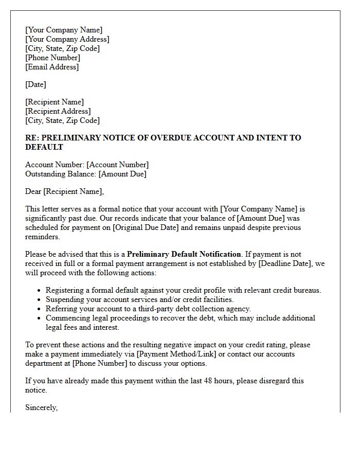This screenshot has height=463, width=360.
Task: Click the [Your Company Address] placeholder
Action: (67, 39)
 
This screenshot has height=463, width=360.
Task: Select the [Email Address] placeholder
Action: (52, 67)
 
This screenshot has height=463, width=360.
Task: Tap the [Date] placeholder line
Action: (35, 84)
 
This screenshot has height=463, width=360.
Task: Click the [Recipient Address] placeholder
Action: (58, 111)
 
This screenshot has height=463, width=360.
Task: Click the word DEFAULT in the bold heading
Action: (44, 147)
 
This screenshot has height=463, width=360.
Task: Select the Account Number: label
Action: (55, 165)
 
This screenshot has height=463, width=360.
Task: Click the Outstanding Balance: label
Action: (61, 174)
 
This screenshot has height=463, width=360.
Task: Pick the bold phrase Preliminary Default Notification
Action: (184, 254)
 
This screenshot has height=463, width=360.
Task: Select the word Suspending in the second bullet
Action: (64, 299)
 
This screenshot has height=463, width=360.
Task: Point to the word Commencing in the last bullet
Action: (66, 318)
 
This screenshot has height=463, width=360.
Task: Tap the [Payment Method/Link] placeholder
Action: (179, 354)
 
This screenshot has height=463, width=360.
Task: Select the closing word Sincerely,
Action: (42, 407)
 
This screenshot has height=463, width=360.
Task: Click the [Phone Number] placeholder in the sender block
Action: (52, 58)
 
